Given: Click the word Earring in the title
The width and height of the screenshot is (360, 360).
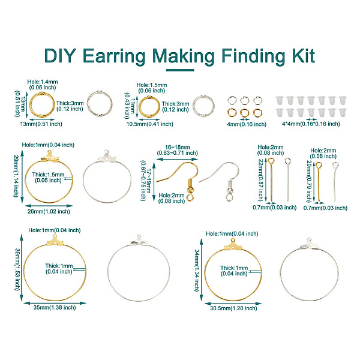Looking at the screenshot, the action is coord(114,56).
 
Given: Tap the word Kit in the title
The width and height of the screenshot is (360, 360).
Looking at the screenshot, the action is coord(303,55).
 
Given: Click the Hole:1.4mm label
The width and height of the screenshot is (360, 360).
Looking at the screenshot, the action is coord(43,82).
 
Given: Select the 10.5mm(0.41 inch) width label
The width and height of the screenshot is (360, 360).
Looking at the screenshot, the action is coord(149,124).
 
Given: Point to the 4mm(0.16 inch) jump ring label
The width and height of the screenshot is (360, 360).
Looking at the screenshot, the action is coord(247,124).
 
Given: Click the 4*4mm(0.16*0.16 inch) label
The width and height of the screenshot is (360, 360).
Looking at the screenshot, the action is coord(311,124).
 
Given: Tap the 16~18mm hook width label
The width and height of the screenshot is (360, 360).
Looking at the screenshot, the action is coord(177,147).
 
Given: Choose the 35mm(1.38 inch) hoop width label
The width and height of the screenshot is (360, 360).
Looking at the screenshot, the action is coord(55,308).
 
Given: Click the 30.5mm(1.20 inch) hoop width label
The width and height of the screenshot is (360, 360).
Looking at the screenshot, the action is coord(233,308).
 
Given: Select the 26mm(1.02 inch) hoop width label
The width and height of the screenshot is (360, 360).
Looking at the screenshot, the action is coord(49,212).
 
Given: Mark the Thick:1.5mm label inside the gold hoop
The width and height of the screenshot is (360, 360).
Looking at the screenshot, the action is coord(48,175).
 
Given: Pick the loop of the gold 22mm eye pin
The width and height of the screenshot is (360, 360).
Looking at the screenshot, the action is coord(271,160).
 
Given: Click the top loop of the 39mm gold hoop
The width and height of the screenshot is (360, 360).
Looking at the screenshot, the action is coord(55,236).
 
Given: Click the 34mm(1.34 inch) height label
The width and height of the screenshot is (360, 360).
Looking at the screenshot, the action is coord(197,271).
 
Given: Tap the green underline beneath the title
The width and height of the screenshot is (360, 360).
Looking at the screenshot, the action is coord(180,70).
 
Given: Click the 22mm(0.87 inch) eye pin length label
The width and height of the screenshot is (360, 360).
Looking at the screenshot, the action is coord(261,180).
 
